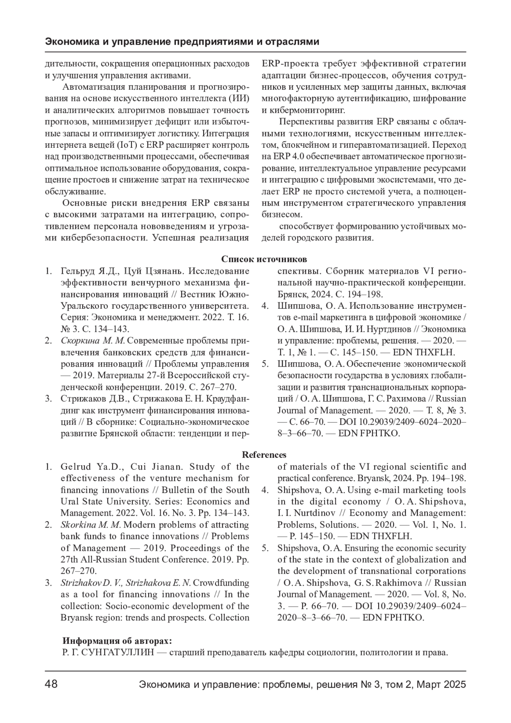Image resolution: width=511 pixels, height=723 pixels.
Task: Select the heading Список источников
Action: click(x=264, y=259)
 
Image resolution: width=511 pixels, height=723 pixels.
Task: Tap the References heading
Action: click(x=264, y=455)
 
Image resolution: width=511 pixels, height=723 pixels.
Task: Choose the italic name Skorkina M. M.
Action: click(x=91, y=525)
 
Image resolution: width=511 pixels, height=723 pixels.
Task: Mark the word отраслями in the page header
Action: click(x=298, y=42)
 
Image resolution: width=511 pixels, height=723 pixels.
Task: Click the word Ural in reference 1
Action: click(x=69, y=502)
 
